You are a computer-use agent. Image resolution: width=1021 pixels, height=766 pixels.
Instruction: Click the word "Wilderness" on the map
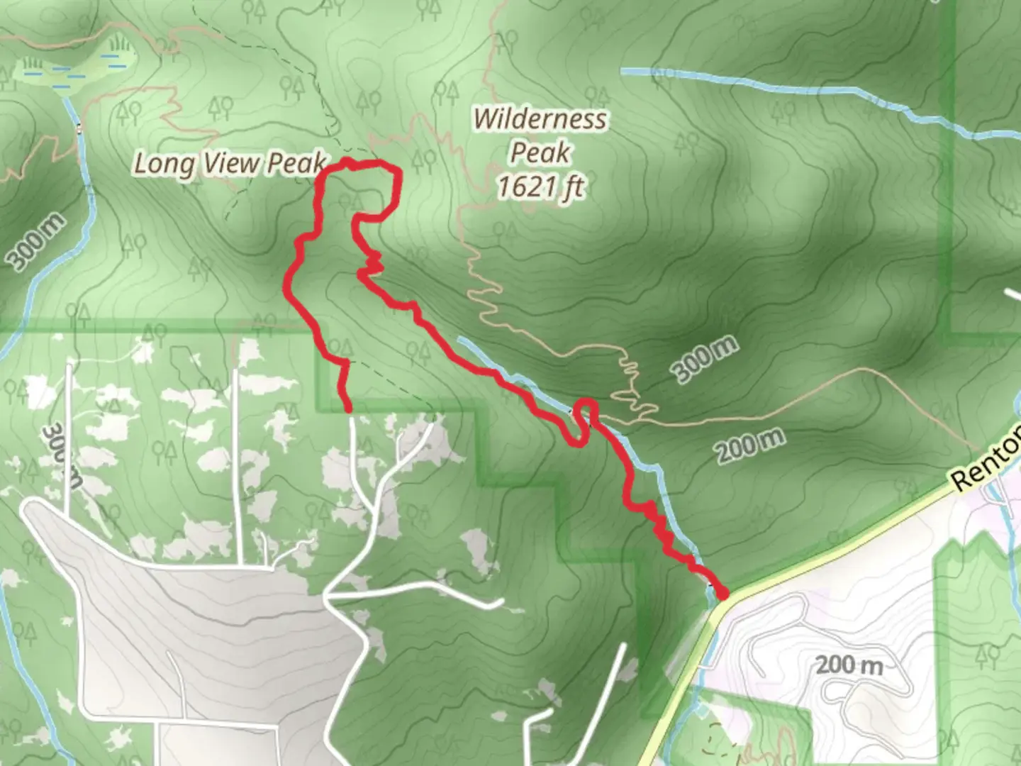pos(540,119)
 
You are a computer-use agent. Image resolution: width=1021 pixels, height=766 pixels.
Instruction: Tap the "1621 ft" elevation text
pos(540,187)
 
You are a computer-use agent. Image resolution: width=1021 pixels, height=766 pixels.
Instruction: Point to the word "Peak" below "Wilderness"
pos(540,152)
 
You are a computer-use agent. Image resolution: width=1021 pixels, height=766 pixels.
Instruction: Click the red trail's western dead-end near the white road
pos(348,409)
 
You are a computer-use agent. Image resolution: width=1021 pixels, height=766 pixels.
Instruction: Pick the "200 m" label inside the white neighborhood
pos(848,665)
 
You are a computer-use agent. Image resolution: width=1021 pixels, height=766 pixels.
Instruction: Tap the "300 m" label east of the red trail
pos(705,359)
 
